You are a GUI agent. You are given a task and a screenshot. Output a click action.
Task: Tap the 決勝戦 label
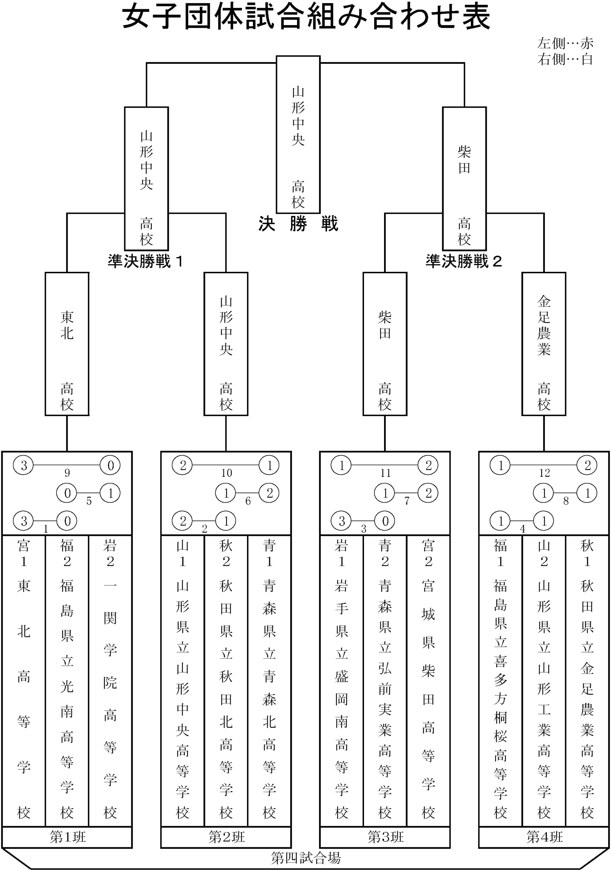tap(298, 224)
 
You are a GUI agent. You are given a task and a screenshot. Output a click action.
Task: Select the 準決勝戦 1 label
tap(146, 261)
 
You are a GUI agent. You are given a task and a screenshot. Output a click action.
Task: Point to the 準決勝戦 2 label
tap(463, 261)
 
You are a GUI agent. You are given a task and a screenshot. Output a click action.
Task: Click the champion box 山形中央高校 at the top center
tap(298, 135)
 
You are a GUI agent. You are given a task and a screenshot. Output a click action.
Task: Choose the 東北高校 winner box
tap(67, 344)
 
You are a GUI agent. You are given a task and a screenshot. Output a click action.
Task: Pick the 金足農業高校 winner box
tap(544, 344)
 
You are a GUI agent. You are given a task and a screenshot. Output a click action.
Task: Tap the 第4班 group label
tap(545, 837)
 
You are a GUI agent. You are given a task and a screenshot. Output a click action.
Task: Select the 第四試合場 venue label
tap(306, 857)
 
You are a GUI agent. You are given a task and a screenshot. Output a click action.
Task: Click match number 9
tap(67, 473)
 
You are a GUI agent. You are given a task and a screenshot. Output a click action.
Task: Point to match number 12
tap(544, 473)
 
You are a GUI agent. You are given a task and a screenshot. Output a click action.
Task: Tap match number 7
tap(407, 501)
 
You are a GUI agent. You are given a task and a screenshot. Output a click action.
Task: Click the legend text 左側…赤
tap(565, 43)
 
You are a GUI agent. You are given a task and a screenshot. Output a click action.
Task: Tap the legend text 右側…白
tap(565, 59)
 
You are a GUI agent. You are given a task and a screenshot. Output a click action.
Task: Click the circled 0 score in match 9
tap(110, 465)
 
